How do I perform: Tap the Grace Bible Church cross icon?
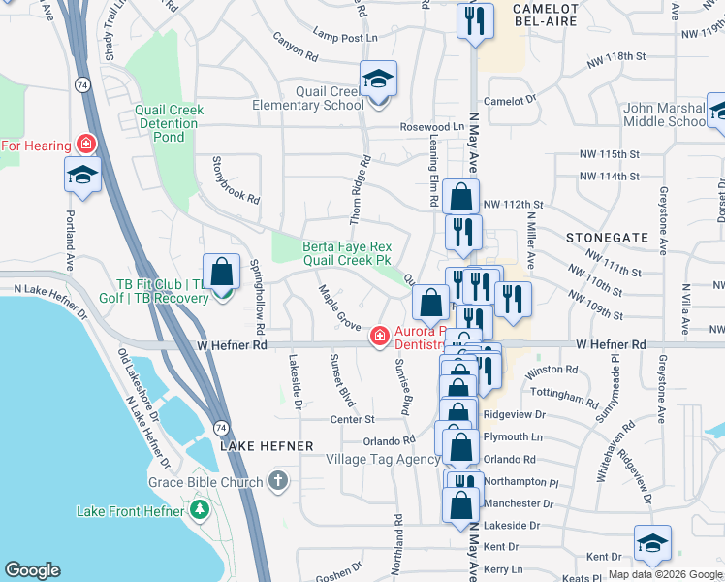pyautogui.click(x=278, y=481)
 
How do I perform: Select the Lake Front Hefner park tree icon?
pyautogui.click(x=200, y=509)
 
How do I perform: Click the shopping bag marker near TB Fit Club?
pyautogui.click(x=221, y=271)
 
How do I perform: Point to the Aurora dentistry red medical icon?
pyautogui.click(x=381, y=337)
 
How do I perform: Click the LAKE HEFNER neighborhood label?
pyautogui.click(x=267, y=446)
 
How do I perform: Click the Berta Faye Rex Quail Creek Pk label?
pyautogui.click(x=346, y=253)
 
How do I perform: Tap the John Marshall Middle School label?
pyautogui.click(x=666, y=114)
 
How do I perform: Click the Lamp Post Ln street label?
pyautogui.click(x=345, y=37)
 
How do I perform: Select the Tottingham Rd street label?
pyautogui.click(x=567, y=396)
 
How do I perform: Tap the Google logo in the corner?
pyautogui.click(x=32, y=570)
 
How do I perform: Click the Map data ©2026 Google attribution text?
pyautogui.click(x=665, y=574)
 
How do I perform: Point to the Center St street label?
pyautogui.click(x=352, y=420)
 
